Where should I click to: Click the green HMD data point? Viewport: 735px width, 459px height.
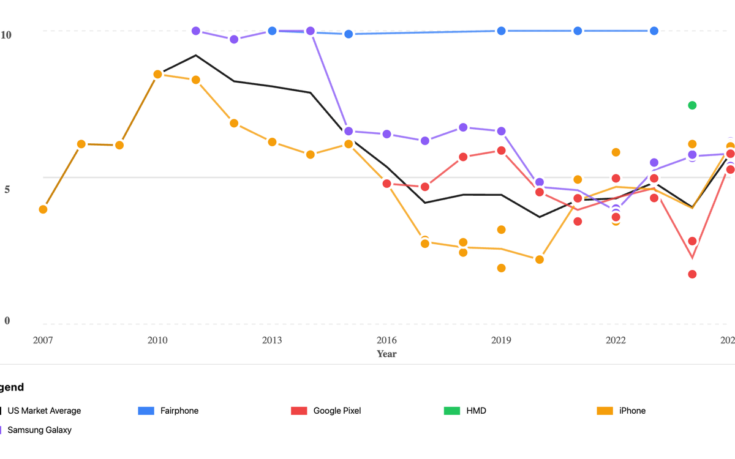coord(692,105)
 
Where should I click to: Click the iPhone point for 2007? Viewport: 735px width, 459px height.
coord(43,209)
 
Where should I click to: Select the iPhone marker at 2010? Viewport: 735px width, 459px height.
coord(157,74)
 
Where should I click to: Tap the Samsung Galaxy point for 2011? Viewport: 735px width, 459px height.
coord(196,31)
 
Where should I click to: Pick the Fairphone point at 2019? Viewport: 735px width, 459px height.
coord(501,31)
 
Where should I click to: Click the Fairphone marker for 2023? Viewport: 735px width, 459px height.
coord(654,31)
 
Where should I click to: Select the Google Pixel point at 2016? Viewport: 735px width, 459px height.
coord(387,184)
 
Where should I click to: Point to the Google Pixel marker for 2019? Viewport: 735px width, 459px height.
coord(501,151)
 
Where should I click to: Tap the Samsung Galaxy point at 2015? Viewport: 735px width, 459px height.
coord(349,131)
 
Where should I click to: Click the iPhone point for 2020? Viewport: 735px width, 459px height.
coord(540,259)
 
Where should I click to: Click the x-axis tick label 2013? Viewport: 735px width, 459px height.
coord(272,340)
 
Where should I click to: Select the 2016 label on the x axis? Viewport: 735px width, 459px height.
coord(386,340)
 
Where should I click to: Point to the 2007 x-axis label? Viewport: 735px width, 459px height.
coord(43,340)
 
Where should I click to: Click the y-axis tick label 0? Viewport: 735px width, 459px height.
coord(7,321)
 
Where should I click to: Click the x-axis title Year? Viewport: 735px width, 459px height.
coord(386,354)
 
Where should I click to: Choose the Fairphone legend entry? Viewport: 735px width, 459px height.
coord(179,411)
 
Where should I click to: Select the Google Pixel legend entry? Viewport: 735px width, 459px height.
coord(336,411)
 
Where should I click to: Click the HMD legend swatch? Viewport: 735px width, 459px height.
coord(451,411)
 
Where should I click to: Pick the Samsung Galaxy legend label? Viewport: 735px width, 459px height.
coord(39,430)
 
